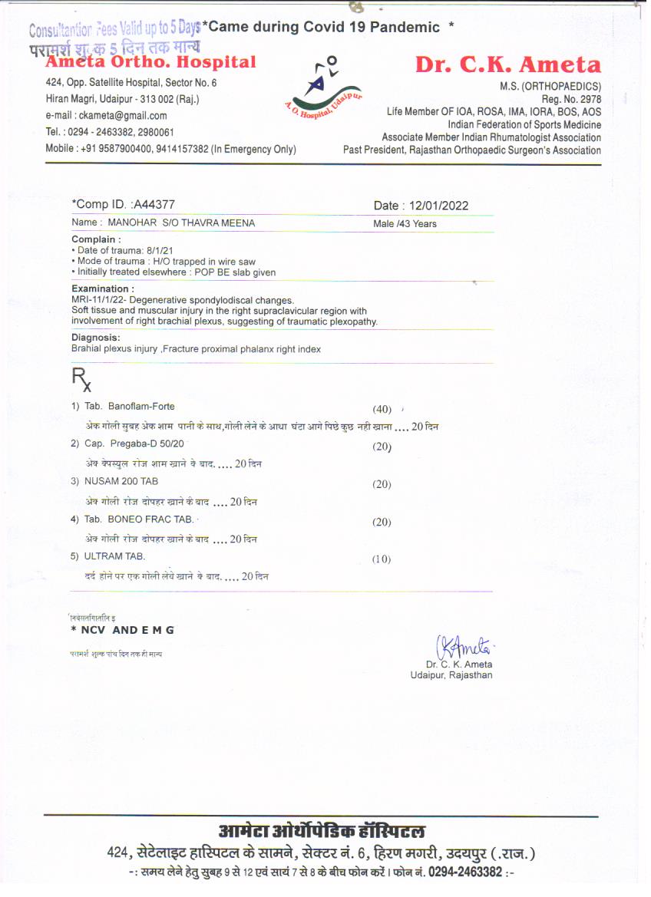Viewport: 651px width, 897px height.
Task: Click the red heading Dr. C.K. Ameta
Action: pos(507,65)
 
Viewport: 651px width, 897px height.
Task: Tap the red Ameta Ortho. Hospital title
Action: pos(151,62)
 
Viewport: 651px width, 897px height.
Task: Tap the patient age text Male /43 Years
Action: pos(405,224)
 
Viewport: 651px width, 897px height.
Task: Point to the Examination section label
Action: pos(103,289)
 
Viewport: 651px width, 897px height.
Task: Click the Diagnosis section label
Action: pos(96,338)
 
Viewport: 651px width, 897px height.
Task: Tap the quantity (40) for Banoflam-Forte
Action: pos(382,409)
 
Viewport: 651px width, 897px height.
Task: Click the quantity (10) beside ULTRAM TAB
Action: pos(382,559)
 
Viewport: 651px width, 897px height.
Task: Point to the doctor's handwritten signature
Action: pos(458,645)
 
